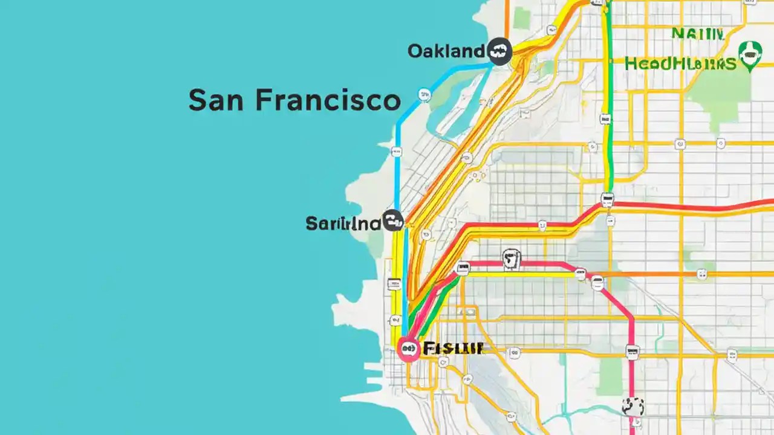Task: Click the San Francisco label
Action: click(294, 100)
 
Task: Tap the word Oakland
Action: click(446, 51)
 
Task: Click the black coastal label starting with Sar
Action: click(343, 224)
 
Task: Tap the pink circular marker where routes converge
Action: click(409, 349)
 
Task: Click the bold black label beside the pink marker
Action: click(454, 348)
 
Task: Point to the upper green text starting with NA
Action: click(697, 34)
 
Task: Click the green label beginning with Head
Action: click(680, 63)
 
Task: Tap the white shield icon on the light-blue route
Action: click(424, 94)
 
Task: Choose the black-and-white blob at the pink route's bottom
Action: click(633, 406)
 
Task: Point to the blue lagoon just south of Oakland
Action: click(450, 115)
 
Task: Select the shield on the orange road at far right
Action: click(701, 274)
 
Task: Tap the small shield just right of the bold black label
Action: click(515, 352)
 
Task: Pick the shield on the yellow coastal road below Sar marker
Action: click(394, 283)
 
